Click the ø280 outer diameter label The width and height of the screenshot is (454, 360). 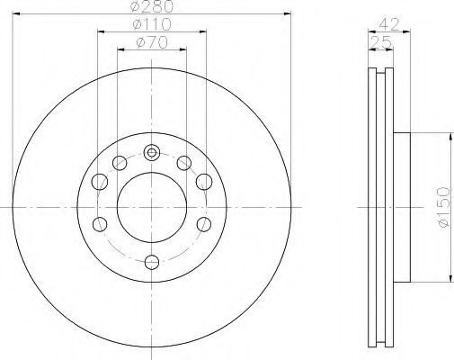pos(151,7)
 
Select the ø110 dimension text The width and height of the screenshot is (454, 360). pos(151,23)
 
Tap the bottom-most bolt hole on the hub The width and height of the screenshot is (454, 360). pos(152,263)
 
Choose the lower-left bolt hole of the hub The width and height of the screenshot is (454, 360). pos(101,222)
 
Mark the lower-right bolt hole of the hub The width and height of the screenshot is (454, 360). pos(204,222)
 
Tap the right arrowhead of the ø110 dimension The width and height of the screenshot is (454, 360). pos(204,31)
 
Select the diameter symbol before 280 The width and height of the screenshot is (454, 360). pos(135,7)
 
